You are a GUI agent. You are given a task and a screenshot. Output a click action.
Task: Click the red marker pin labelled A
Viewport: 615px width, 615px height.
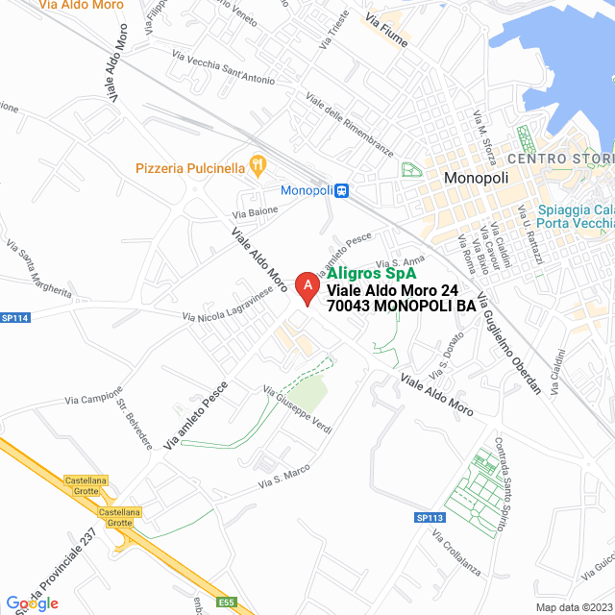(306, 287)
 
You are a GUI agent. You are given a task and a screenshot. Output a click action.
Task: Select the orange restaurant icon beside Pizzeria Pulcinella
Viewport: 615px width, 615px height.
(258, 165)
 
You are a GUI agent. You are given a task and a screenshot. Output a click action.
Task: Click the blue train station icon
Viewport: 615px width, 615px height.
(341, 190)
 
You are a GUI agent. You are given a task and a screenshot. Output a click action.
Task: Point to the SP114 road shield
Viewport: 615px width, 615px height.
(15, 318)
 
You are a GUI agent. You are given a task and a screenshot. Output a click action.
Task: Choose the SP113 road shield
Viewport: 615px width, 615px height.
(430, 518)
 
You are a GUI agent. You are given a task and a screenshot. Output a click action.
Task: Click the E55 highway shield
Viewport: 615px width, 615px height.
(226, 603)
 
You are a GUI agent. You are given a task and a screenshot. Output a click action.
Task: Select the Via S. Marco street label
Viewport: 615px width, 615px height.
(284, 478)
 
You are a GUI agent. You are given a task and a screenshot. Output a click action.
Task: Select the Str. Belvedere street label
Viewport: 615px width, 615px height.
(134, 421)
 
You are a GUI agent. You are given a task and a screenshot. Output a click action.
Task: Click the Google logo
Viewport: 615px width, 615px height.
(32, 603)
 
